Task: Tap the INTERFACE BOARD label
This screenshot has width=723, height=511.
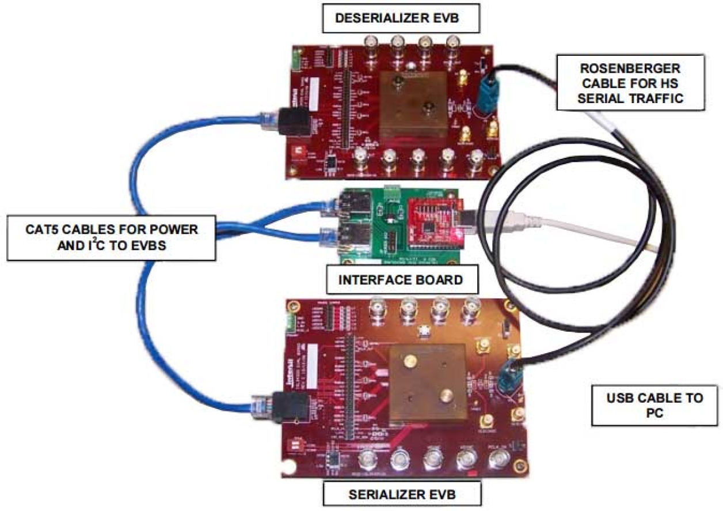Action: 401,280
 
